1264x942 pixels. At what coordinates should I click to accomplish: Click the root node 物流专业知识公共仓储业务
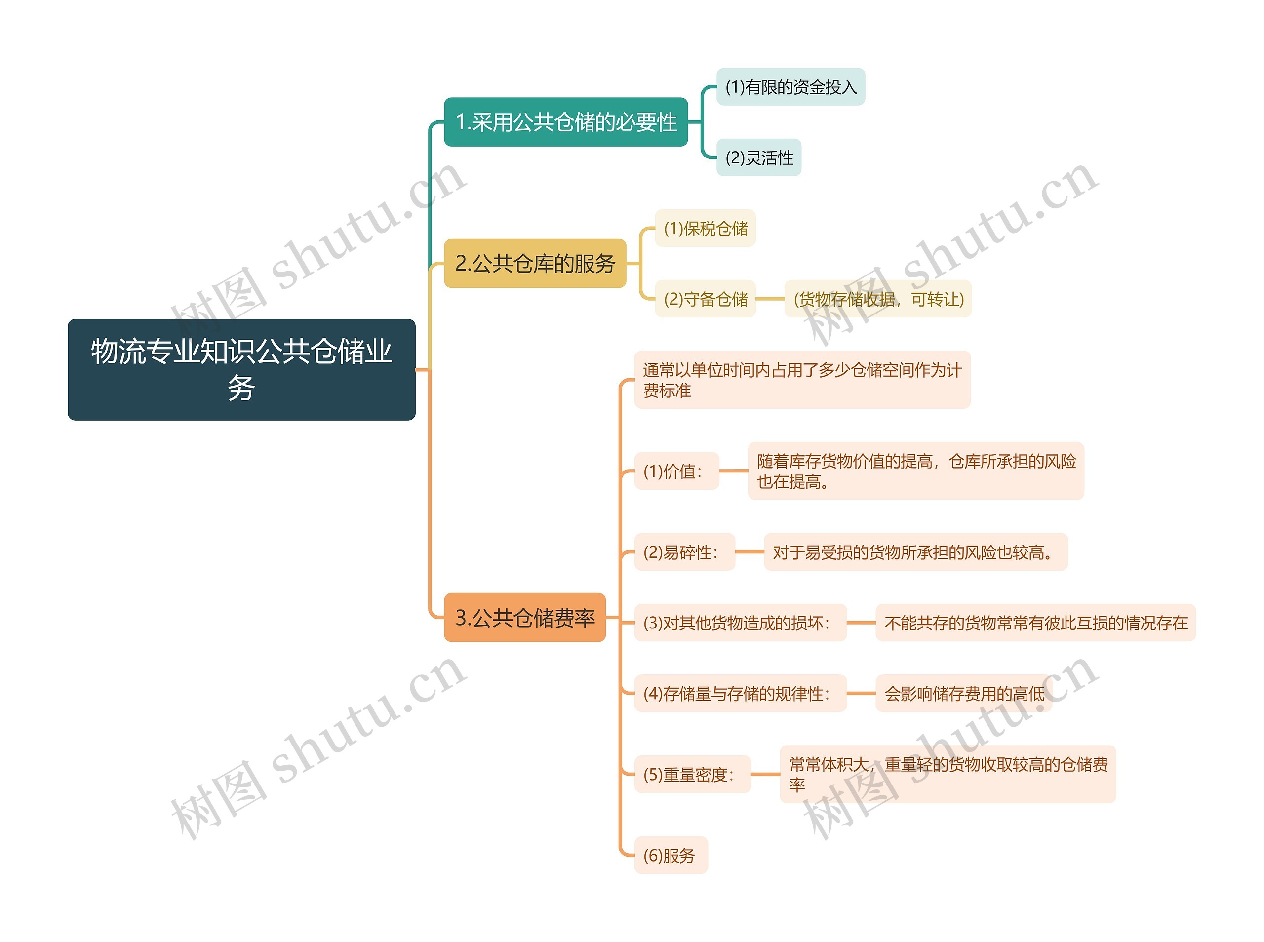pos(241,369)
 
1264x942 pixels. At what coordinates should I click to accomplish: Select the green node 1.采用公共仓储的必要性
pos(565,122)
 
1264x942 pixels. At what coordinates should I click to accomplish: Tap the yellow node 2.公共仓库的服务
pos(535,264)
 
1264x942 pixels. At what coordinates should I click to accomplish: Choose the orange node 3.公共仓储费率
pos(524,618)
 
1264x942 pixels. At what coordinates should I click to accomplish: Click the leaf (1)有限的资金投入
pos(790,87)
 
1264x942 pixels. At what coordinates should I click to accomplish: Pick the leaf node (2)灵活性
pos(758,157)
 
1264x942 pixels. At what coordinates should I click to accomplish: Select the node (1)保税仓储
pos(705,228)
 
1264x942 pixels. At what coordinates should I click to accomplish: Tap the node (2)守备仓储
pos(705,299)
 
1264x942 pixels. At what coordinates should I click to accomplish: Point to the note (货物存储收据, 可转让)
pos(878,299)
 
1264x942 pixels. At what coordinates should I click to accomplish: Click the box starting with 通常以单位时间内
pos(802,380)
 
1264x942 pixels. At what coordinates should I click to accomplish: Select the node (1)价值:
pos(676,471)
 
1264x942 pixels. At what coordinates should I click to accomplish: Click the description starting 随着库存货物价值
pos(915,471)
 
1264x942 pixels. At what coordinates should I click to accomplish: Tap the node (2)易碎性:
pos(684,552)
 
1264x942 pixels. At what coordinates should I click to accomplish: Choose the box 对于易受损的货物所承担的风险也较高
pos(915,552)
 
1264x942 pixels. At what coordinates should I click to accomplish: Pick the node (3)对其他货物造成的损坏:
pos(740,623)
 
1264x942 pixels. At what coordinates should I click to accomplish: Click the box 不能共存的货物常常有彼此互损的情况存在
pos(1035,623)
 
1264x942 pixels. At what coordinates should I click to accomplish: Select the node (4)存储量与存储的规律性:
pos(740,693)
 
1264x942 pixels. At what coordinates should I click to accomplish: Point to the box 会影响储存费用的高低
pos(963,693)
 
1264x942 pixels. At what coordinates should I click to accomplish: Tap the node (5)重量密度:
pos(692,774)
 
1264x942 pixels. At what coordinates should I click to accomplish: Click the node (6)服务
pos(671,855)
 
